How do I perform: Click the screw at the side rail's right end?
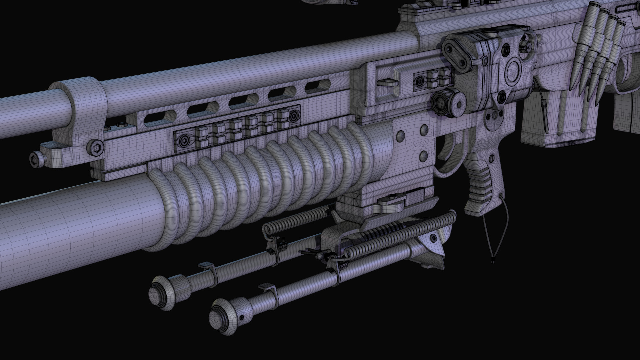[294, 116]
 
